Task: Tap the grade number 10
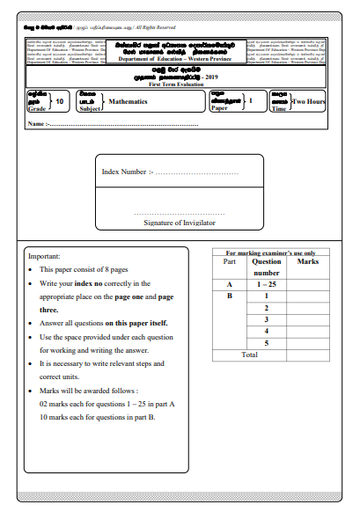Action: point(59,102)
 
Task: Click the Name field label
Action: point(37,124)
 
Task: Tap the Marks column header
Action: point(308,262)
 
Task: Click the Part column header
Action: point(230,262)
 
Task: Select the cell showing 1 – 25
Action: point(266,285)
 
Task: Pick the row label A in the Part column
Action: point(230,285)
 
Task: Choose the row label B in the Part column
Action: point(230,296)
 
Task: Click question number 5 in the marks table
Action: point(266,342)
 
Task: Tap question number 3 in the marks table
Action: point(266,319)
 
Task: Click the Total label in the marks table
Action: point(249,354)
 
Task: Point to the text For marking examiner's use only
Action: point(271,252)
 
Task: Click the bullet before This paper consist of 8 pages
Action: point(31,269)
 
